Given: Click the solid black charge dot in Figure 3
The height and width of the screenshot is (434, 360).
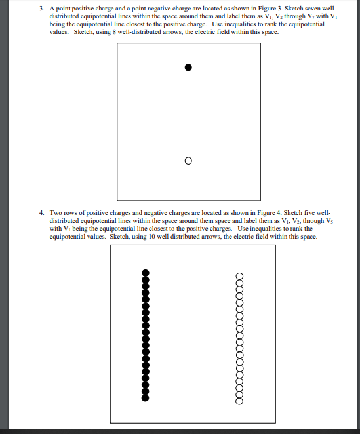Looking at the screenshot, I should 188,67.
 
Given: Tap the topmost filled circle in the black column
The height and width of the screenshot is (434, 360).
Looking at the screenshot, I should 146,273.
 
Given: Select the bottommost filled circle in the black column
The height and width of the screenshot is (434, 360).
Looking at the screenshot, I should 146,397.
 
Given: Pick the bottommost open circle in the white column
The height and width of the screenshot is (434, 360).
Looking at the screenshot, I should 239,400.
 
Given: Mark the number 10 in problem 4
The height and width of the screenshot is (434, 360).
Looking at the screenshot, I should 150,237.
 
